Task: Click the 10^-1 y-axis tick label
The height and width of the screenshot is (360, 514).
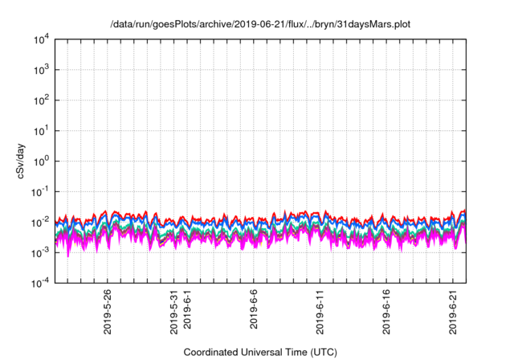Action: (41, 191)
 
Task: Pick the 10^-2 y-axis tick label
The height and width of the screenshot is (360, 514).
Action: (41, 222)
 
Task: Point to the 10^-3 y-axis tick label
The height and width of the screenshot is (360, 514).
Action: (41, 252)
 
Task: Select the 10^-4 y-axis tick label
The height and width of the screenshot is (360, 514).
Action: (41, 282)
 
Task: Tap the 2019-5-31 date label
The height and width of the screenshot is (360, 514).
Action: (174, 312)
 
